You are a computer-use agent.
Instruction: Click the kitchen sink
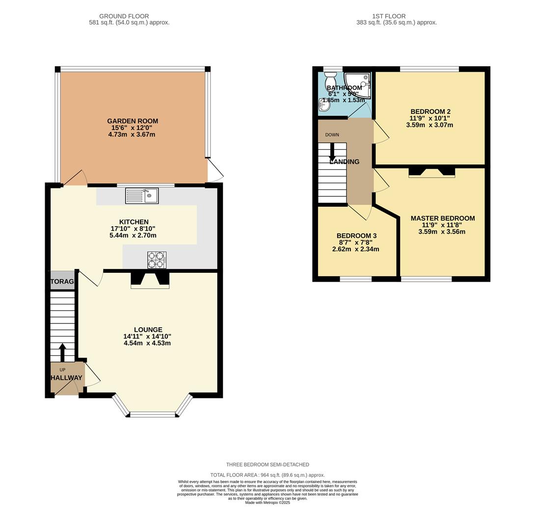click(x=142, y=196)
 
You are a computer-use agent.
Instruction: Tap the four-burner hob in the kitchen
click(x=157, y=260)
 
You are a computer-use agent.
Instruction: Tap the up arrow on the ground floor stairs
click(x=62, y=351)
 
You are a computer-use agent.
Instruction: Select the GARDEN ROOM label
click(x=133, y=121)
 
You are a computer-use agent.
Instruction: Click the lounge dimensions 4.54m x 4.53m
click(x=147, y=343)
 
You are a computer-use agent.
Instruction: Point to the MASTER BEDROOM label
click(x=442, y=218)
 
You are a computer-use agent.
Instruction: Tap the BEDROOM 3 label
click(x=356, y=236)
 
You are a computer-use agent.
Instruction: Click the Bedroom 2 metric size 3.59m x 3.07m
click(x=429, y=125)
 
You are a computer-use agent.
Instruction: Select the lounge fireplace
click(x=150, y=280)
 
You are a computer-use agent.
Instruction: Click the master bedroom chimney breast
click(x=432, y=172)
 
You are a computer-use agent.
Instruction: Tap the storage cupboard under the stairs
click(x=62, y=281)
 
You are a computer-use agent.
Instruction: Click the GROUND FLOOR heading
click(x=124, y=16)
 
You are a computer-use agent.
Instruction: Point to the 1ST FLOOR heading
click(x=389, y=16)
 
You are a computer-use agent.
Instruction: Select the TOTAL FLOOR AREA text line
click(x=267, y=475)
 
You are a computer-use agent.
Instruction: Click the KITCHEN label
click(x=134, y=222)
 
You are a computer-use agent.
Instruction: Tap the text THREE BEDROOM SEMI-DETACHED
click(x=267, y=464)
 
